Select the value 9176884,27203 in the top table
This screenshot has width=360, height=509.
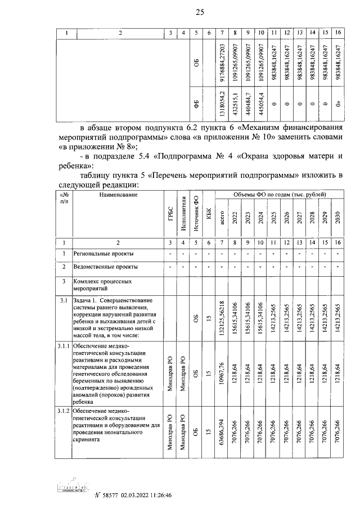point(224,62)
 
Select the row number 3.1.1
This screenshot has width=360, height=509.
point(63,345)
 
